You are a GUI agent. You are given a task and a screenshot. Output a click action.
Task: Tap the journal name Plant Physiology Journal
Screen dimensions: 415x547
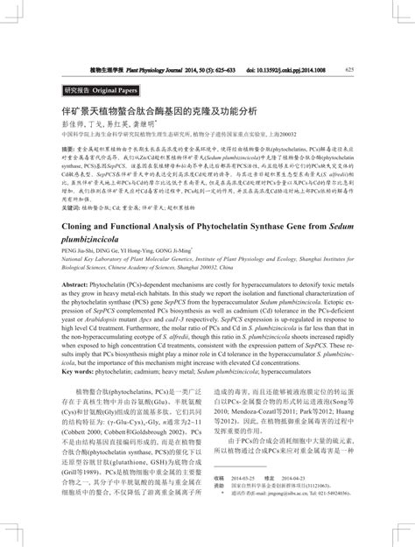[158, 69]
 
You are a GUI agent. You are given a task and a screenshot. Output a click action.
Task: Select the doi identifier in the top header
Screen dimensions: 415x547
[289, 69]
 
